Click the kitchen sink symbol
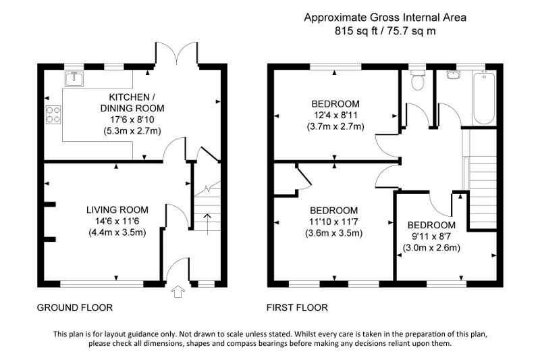pos(74,79)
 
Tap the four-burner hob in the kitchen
pos(53,114)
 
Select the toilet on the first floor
pos(418,80)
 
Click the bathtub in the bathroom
pos(484,98)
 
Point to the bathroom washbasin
pos(454,75)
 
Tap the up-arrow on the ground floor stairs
pos(207,224)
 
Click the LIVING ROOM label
pos(117,210)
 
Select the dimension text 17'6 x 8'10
pos(132,120)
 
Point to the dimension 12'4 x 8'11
pos(335,115)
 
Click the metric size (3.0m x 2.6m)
pos(431,248)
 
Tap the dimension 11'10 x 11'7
pos(333,222)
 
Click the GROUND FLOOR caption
pos(75,307)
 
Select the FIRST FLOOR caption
pos(297,307)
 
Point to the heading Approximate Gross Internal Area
pos(385,18)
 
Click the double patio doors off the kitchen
pos(177,54)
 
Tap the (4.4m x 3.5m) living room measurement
pos(117,232)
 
